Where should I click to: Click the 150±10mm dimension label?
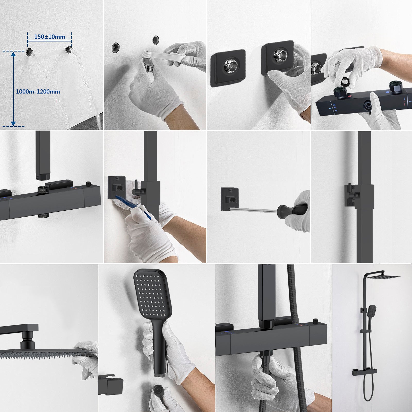[50, 37]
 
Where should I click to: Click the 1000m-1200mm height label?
[38, 91]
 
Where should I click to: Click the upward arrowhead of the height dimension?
[13, 54]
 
